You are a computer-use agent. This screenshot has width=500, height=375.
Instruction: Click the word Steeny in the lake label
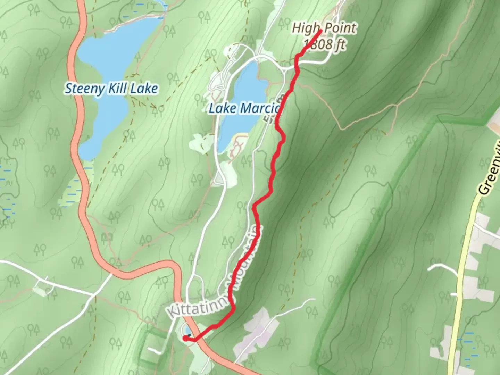tap(84, 89)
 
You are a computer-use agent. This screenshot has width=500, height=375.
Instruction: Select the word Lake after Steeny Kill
tap(144, 89)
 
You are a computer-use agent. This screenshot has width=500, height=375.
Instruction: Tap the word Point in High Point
tap(340, 28)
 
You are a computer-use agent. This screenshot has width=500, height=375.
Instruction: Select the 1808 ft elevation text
tap(325, 44)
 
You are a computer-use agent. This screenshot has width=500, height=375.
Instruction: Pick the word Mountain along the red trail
tap(245, 259)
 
